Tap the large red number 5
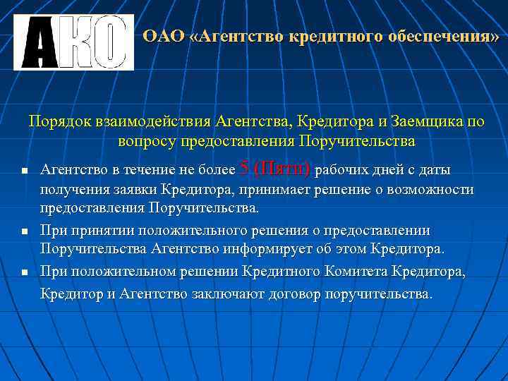pos(244,169)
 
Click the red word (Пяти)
pos(282,169)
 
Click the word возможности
pos(430,190)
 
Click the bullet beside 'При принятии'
pos(24,231)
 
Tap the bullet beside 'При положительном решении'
pos(24,272)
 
